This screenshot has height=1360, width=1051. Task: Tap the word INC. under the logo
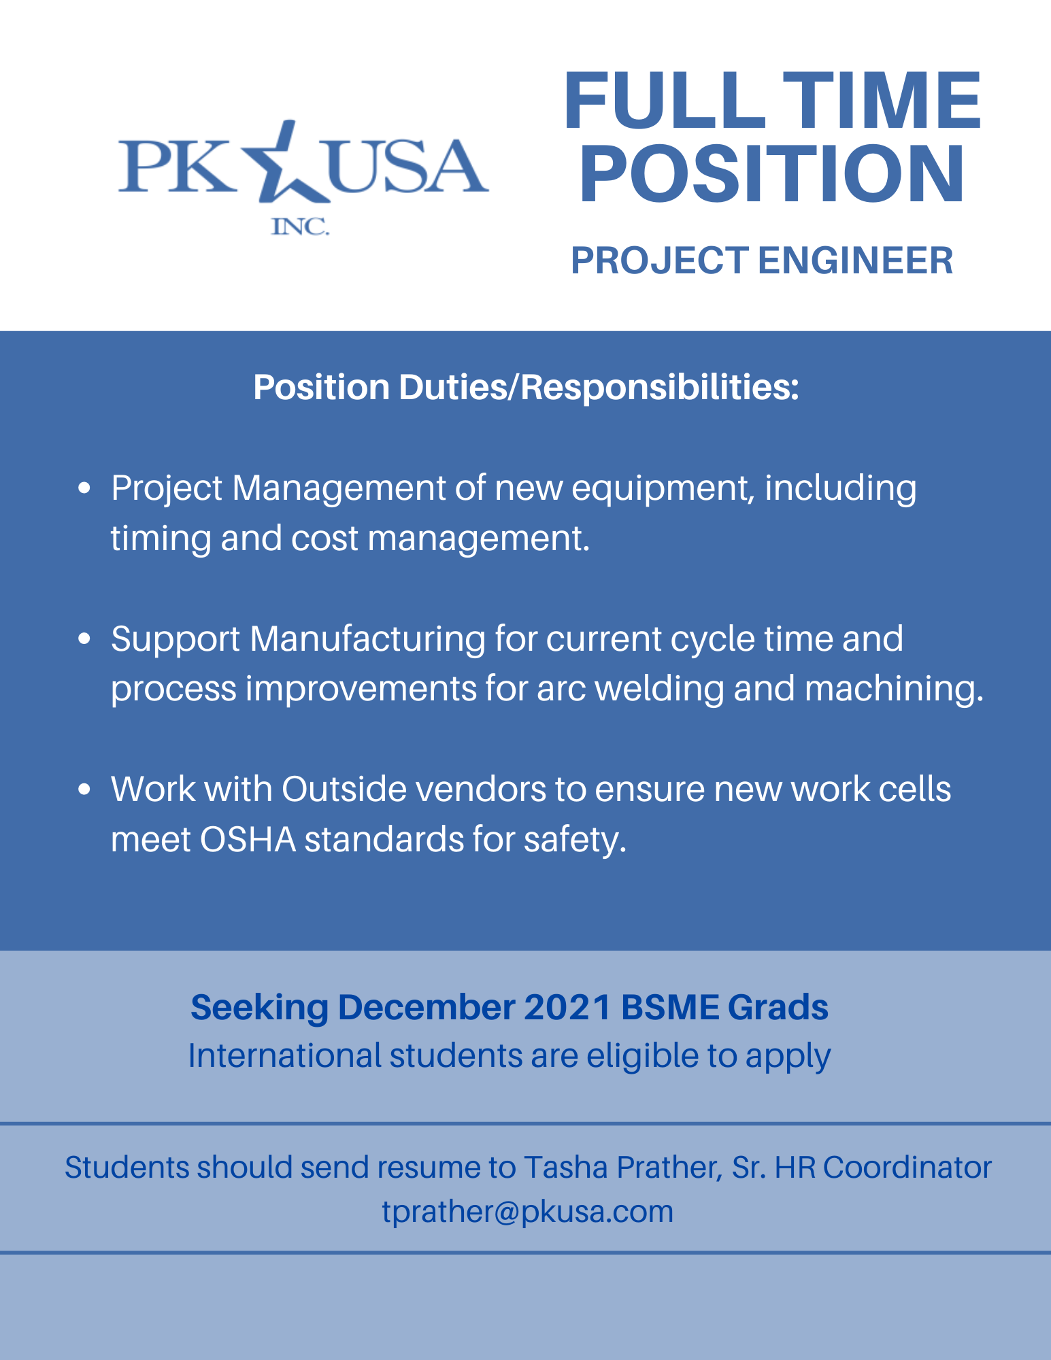[300, 226]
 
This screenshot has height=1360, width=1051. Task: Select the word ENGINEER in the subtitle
[855, 260]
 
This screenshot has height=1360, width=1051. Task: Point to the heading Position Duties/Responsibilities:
[526, 387]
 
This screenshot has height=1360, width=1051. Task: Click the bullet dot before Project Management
[85, 488]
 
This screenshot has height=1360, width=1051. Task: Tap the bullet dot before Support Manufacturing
[85, 639]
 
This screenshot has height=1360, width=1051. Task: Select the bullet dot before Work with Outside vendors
[85, 789]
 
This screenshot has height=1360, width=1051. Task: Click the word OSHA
[248, 840]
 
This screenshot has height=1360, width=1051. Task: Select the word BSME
[669, 1007]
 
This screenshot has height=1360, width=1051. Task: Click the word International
[284, 1056]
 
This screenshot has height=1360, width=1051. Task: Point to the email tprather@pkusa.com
[527, 1212]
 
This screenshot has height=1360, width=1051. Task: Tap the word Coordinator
[907, 1168]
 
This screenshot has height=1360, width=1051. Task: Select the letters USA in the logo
[407, 167]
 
